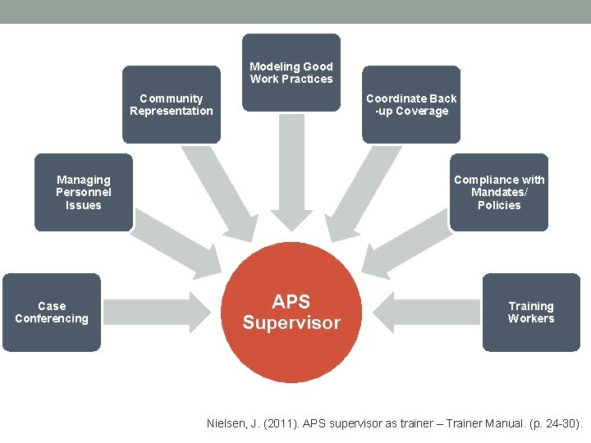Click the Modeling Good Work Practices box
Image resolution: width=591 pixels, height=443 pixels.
pos(291,72)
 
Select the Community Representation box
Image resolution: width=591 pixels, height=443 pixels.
pos(171,104)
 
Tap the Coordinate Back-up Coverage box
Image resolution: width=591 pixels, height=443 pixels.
pos(411,104)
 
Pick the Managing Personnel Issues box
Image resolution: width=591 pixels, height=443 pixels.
pos(83,192)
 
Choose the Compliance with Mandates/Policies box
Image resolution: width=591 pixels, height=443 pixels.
pos(499,192)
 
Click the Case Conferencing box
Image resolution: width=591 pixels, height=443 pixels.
pos(52,313)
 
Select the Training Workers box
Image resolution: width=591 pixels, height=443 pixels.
pos(531,313)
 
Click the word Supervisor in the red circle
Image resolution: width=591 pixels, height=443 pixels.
pos(291,323)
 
